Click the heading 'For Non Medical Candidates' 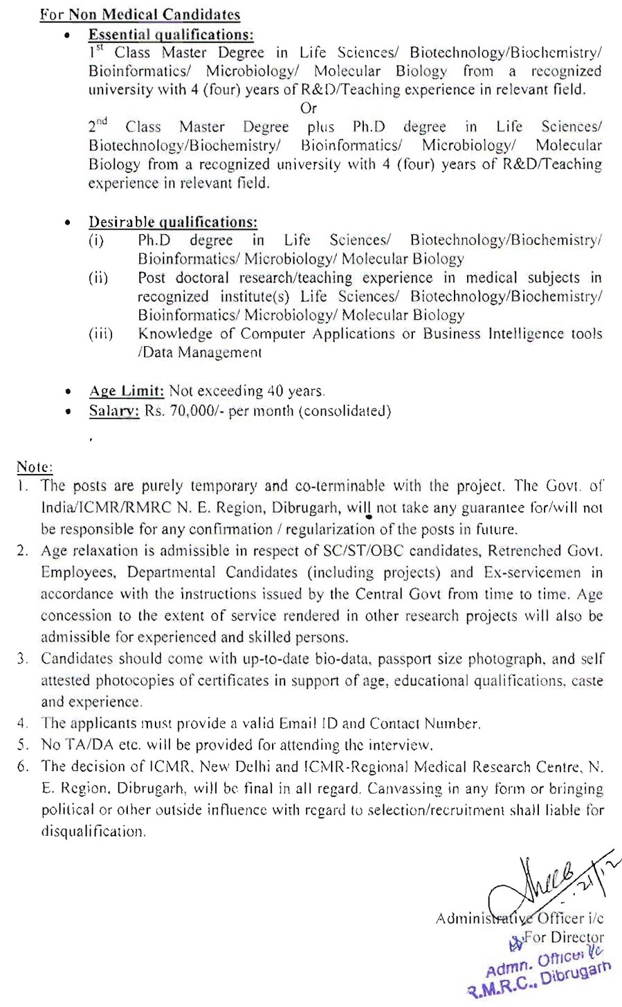point(140,14)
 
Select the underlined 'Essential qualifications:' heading point(171,35)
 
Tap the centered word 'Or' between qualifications point(308,108)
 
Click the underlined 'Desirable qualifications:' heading point(172,222)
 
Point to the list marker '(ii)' point(98,278)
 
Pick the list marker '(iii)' point(101,334)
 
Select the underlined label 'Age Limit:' point(127,391)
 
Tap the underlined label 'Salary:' point(114,412)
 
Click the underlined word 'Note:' point(35,467)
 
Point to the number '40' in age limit point(275,391)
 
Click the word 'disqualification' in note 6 point(93,831)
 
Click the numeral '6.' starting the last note point(23,767)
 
